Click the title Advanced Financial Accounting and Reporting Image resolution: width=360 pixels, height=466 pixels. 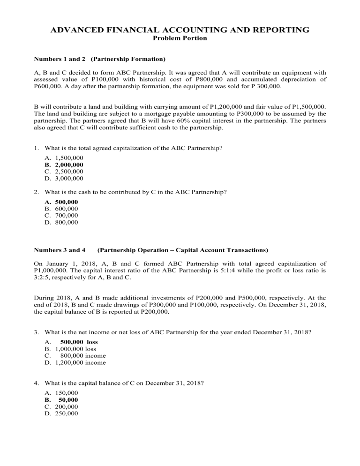pyautogui.click(x=180, y=30)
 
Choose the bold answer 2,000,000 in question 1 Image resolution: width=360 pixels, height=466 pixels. pyautogui.click(x=69, y=165)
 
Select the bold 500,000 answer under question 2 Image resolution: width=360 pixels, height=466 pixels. pyautogui.click(x=67, y=202)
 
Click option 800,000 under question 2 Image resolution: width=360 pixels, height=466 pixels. pyautogui.click(x=67, y=222)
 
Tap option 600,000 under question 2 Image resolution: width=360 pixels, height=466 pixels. pyautogui.click(x=67, y=209)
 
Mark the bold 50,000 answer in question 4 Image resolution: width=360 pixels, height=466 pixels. pyautogui.click(x=68, y=400)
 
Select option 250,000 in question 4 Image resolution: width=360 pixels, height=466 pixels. pyautogui.click(x=67, y=413)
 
